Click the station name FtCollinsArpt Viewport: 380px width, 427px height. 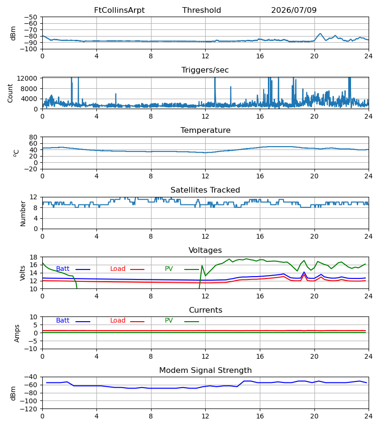(x=119, y=10)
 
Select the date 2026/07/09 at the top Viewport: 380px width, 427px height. (x=294, y=10)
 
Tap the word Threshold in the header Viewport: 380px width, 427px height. (x=201, y=10)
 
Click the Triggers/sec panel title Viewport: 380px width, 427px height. (x=205, y=70)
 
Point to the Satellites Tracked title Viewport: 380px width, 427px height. (x=205, y=190)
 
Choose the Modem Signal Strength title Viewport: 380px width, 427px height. (x=205, y=371)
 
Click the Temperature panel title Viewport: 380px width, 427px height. (x=205, y=130)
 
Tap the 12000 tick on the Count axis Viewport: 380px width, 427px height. (x=27, y=78)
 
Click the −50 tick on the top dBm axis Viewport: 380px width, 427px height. (x=30, y=17)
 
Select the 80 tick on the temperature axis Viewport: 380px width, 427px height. (x=33, y=137)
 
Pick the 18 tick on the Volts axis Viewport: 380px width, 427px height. (x=33, y=257)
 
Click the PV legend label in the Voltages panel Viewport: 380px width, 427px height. (x=169, y=269)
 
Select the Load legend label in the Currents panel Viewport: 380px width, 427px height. (x=118, y=321)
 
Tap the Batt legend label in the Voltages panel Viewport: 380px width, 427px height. (x=63, y=269)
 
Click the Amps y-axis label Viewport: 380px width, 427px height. (x=17, y=334)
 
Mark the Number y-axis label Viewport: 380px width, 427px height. (x=23, y=214)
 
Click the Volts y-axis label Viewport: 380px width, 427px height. (x=22, y=273)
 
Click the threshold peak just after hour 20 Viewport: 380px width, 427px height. (x=320, y=34)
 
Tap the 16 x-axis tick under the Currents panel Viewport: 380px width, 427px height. (x=260, y=356)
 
